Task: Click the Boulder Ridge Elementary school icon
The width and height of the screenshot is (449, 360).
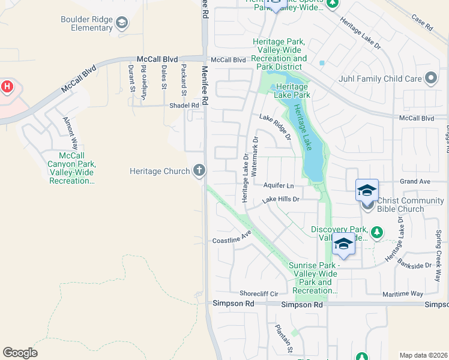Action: click(122, 23)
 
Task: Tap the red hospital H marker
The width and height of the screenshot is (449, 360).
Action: click(7, 86)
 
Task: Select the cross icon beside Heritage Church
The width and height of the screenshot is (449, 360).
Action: click(199, 171)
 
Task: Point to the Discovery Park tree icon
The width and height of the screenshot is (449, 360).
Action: click(376, 231)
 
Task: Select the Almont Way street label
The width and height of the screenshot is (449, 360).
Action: click(70, 133)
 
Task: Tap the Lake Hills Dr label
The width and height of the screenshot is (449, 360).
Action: click(280, 198)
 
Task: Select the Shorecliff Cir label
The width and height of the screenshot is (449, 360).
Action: click(259, 293)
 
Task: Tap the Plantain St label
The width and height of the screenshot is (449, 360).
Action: click(283, 338)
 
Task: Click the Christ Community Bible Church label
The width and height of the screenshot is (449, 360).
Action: click(406, 205)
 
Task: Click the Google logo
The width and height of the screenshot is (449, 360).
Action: click(20, 353)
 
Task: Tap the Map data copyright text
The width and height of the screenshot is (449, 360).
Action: click(423, 355)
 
